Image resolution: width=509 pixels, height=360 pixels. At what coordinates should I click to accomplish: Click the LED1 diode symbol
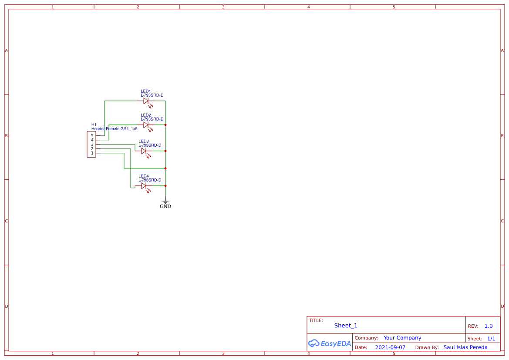146,101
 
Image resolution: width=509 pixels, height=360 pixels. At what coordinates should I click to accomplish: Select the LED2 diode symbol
146,125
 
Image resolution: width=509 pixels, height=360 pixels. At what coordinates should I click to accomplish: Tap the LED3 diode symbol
144,151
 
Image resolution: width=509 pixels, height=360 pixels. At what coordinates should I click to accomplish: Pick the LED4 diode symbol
144,186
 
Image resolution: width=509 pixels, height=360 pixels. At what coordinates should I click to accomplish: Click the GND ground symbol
165,203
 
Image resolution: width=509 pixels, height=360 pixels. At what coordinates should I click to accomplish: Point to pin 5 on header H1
92,136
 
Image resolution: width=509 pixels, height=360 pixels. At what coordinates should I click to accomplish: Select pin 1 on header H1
92,153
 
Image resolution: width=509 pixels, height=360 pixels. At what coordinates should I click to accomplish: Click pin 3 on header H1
92,145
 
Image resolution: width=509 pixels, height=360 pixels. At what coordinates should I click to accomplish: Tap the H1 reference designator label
94,124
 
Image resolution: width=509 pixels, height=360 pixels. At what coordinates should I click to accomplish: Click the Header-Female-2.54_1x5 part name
114,129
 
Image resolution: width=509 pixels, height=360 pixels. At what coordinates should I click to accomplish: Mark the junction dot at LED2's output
165,125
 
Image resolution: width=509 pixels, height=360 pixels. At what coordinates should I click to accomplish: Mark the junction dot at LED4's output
165,186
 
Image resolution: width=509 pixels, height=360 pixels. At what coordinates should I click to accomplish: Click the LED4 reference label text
143,176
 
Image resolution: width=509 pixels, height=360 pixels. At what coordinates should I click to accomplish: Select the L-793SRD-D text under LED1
152,95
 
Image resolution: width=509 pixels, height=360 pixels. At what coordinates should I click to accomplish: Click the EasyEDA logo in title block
329,343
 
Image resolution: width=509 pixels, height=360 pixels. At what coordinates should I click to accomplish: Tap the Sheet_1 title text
346,326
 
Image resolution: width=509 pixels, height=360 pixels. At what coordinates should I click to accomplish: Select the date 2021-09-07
390,347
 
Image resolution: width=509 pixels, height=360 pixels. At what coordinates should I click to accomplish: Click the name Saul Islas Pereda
465,347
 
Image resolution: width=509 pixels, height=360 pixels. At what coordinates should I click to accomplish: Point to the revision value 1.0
488,326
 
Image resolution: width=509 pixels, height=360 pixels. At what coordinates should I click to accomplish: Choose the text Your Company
402,338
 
